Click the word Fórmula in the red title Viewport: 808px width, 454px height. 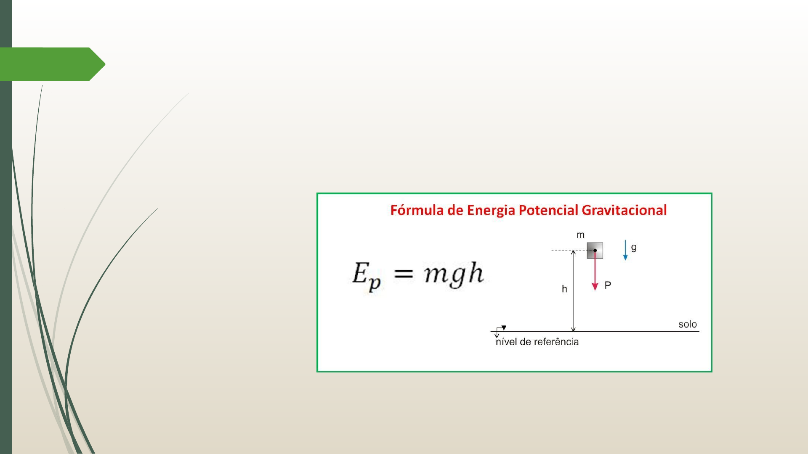coord(417,210)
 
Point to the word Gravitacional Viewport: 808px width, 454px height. coord(624,210)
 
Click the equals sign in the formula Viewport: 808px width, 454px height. coord(403,275)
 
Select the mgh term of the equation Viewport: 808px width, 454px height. coord(454,274)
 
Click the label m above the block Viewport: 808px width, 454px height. coord(580,235)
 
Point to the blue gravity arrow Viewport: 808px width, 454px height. coord(625,250)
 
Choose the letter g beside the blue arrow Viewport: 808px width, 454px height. coord(634,248)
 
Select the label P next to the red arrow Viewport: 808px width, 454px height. coord(608,285)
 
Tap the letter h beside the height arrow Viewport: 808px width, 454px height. coord(564,289)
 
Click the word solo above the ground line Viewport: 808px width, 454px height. coord(688,324)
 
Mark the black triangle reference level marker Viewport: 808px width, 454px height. coord(504,328)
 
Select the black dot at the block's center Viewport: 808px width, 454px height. coord(595,251)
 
